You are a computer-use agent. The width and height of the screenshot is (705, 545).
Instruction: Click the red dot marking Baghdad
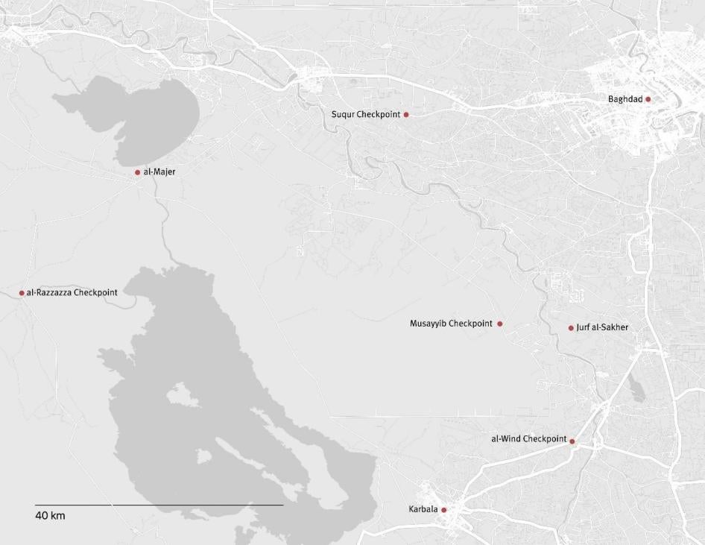pos(648,99)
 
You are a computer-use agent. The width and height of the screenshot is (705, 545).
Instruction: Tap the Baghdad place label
pos(625,99)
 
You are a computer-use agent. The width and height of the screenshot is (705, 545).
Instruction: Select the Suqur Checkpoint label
pos(366,114)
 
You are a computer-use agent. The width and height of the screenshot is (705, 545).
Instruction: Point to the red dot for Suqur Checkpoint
pos(406,115)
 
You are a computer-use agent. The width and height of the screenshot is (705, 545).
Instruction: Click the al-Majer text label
pos(159,172)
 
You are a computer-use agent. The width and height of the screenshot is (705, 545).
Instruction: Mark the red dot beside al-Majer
pos(138,172)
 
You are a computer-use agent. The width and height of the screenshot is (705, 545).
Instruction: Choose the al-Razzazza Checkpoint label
pos(72,293)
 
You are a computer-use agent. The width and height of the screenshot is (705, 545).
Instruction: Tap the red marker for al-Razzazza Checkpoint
pos(22,293)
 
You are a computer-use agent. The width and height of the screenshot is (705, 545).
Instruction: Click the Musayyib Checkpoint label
pos(451,324)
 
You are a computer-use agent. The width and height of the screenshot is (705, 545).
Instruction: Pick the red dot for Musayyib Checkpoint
pos(500,324)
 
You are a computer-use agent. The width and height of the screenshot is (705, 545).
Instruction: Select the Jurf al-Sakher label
pos(602,327)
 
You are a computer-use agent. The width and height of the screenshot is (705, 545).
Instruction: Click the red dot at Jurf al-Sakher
pos(572,328)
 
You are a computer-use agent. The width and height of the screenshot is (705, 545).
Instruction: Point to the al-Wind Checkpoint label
pos(528,439)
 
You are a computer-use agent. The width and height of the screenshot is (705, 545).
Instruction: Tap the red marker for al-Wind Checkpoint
pos(572,441)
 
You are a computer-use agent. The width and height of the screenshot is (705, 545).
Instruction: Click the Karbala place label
pos(423,510)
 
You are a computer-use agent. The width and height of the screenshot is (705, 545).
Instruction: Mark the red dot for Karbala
pos(444,510)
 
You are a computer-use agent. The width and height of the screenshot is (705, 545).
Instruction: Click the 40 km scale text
pos(50,516)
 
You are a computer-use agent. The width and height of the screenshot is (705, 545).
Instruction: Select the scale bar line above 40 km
pos(159,505)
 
